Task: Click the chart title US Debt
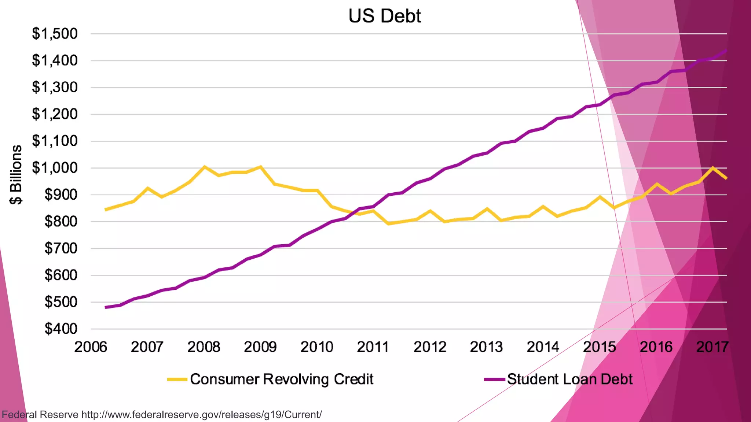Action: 385,16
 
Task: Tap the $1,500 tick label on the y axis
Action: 55,34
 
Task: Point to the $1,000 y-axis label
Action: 55,168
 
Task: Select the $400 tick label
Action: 61,329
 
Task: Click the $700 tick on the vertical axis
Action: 61,248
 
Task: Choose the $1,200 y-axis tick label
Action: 55,114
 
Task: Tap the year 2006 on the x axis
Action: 91,347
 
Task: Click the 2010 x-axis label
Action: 317,347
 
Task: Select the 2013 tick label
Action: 486,347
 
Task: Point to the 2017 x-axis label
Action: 712,347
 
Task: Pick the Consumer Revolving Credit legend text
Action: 282,379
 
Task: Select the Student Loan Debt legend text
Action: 570,379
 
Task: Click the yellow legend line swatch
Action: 177,380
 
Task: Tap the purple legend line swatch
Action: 494,380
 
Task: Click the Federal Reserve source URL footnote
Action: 162,415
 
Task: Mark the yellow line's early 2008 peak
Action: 204,167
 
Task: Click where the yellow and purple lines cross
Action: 353,212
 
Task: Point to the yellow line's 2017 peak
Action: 712,168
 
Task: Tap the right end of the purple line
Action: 726,51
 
